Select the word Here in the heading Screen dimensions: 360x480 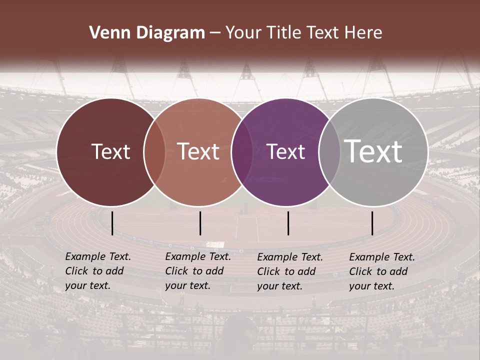click(x=363, y=33)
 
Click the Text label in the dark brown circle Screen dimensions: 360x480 click(x=110, y=151)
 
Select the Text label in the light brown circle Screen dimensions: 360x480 click(x=198, y=151)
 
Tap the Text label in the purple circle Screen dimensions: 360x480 click(x=286, y=151)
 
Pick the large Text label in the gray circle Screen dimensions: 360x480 click(x=373, y=151)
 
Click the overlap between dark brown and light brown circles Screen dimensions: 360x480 click(x=154, y=152)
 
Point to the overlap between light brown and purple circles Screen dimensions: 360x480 click(x=242, y=152)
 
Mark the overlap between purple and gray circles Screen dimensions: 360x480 click(x=329, y=152)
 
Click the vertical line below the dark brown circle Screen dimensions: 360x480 click(x=112, y=223)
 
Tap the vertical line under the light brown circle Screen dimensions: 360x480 click(x=200, y=223)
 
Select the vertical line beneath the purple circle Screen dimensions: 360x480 click(x=288, y=223)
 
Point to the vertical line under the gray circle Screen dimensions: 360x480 click(x=372, y=223)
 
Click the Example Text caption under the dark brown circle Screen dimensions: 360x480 click(x=98, y=271)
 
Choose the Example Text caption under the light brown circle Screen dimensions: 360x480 click(x=198, y=271)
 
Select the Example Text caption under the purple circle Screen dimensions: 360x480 click(x=290, y=271)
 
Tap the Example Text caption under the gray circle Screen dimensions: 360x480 click(x=382, y=271)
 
